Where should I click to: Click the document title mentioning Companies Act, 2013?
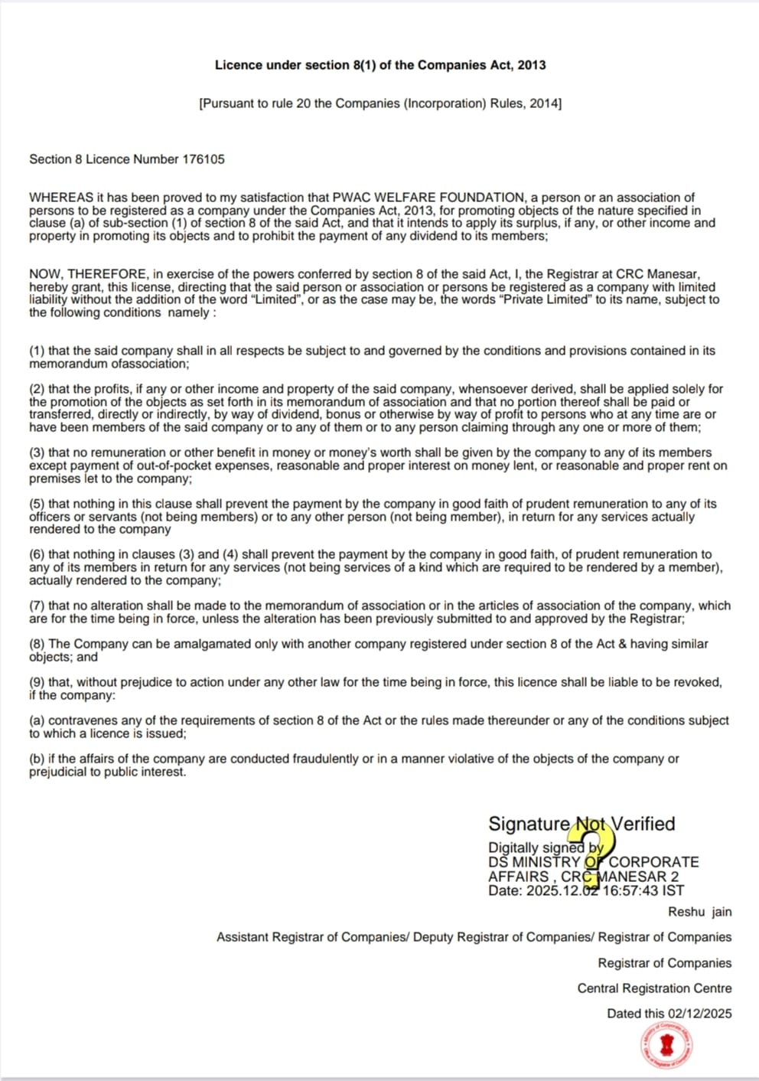[x=380, y=65]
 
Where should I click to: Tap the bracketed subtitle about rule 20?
[x=380, y=103]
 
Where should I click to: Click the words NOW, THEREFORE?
[x=88, y=274]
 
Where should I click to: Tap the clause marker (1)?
[x=37, y=351]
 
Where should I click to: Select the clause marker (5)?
[x=37, y=504]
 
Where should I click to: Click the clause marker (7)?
[x=37, y=606]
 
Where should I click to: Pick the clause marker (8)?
[x=37, y=644]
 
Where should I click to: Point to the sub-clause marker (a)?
[x=37, y=720]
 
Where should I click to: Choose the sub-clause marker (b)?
[x=37, y=759]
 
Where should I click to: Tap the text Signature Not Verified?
[x=581, y=824]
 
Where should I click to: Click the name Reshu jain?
[x=699, y=912]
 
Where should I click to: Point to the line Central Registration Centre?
[x=654, y=988]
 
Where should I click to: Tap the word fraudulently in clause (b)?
[x=325, y=759]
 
